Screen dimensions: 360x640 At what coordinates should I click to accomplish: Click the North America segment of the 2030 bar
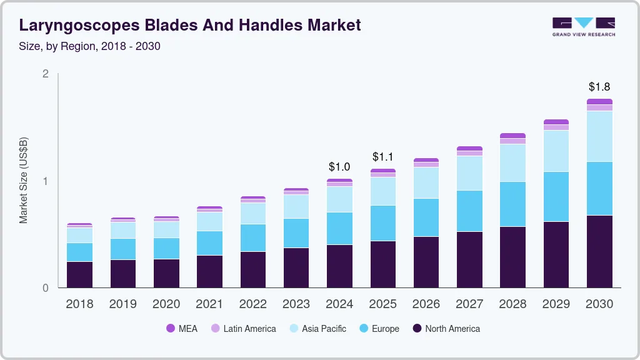(x=599, y=251)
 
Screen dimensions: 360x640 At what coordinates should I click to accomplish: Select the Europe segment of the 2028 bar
(x=512, y=204)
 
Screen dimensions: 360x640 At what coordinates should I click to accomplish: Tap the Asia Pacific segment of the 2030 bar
(x=599, y=136)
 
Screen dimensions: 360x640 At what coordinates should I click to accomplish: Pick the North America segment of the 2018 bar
(x=79, y=274)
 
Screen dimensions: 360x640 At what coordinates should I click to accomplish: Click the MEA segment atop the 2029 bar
(x=556, y=122)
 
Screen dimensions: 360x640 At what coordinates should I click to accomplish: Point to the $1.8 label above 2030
(x=599, y=87)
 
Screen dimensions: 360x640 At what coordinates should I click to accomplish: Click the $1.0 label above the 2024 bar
(x=339, y=167)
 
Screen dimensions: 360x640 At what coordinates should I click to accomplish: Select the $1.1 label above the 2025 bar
(x=382, y=157)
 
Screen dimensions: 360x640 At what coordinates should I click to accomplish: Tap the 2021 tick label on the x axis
(x=209, y=304)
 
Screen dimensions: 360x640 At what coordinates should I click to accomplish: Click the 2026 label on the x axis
(x=426, y=304)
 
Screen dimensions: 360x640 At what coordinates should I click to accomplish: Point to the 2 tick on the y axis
(x=45, y=74)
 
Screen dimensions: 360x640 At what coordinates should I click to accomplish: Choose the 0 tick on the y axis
(x=45, y=288)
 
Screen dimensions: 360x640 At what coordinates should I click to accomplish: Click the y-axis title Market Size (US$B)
(x=23, y=181)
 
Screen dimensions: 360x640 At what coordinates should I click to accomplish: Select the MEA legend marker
(x=171, y=328)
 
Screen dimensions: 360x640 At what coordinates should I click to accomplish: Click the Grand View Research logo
(x=583, y=26)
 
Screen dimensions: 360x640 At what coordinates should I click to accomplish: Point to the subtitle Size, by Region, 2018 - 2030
(x=89, y=46)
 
